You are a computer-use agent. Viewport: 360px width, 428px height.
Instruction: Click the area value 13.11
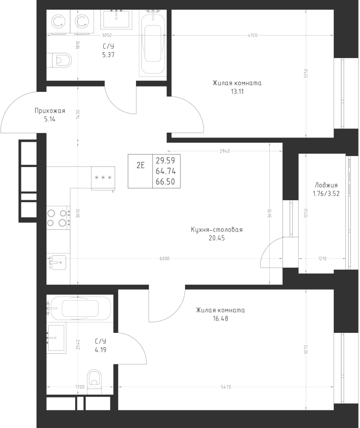coord(237,91)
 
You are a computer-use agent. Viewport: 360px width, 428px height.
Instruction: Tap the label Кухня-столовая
coord(217,230)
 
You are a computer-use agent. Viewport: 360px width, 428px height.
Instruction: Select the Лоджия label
coord(326,185)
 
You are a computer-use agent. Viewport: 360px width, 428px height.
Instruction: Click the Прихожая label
coord(49,110)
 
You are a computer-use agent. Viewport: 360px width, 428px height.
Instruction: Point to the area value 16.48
coord(221,319)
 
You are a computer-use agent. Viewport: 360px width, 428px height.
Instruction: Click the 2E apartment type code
coord(140,165)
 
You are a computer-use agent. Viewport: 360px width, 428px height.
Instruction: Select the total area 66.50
coord(165,182)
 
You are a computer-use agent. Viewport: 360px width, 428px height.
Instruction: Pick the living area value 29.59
coord(165,161)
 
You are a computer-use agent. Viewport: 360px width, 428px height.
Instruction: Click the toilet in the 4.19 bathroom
coord(94,382)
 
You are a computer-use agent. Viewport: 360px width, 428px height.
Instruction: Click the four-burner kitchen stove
coord(58,218)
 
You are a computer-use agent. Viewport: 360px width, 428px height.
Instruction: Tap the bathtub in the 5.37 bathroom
coord(153,43)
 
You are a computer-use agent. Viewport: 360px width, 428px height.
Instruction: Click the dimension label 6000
coord(165,259)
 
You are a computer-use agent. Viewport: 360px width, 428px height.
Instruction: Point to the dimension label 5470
coord(226,387)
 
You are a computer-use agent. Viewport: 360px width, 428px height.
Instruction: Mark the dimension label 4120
coord(253,35)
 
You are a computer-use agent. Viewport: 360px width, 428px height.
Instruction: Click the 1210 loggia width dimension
coord(322,259)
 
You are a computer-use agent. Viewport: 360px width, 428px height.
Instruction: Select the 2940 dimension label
coord(225,151)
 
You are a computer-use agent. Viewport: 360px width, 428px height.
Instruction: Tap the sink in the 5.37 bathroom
coord(116,19)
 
